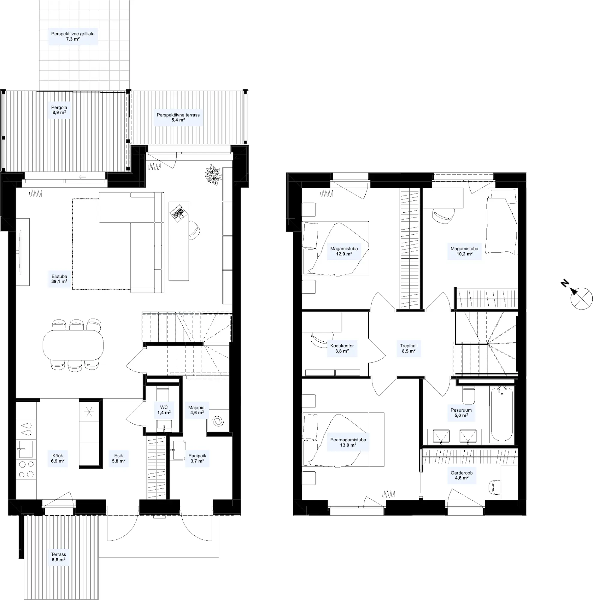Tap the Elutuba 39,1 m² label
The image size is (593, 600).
(x=59, y=279)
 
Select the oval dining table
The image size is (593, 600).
(x=73, y=345)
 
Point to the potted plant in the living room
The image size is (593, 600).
(x=213, y=175)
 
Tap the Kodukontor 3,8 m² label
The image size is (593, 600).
(x=342, y=348)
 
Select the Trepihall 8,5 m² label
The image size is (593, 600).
(x=409, y=348)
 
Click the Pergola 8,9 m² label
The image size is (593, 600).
(x=59, y=110)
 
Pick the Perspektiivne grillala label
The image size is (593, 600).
(x=73, y=34)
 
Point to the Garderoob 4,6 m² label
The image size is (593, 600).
(x=462, y=475)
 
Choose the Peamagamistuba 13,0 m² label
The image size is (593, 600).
(x=348, y=442)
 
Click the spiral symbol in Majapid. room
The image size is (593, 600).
(x=218, y=421)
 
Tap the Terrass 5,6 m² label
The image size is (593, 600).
(x=59, y=557)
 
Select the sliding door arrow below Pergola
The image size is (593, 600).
(x=82, y=177)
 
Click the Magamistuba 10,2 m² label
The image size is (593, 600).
(x=464, y=251)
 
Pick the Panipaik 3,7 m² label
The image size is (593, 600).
(x=197, y=458)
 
